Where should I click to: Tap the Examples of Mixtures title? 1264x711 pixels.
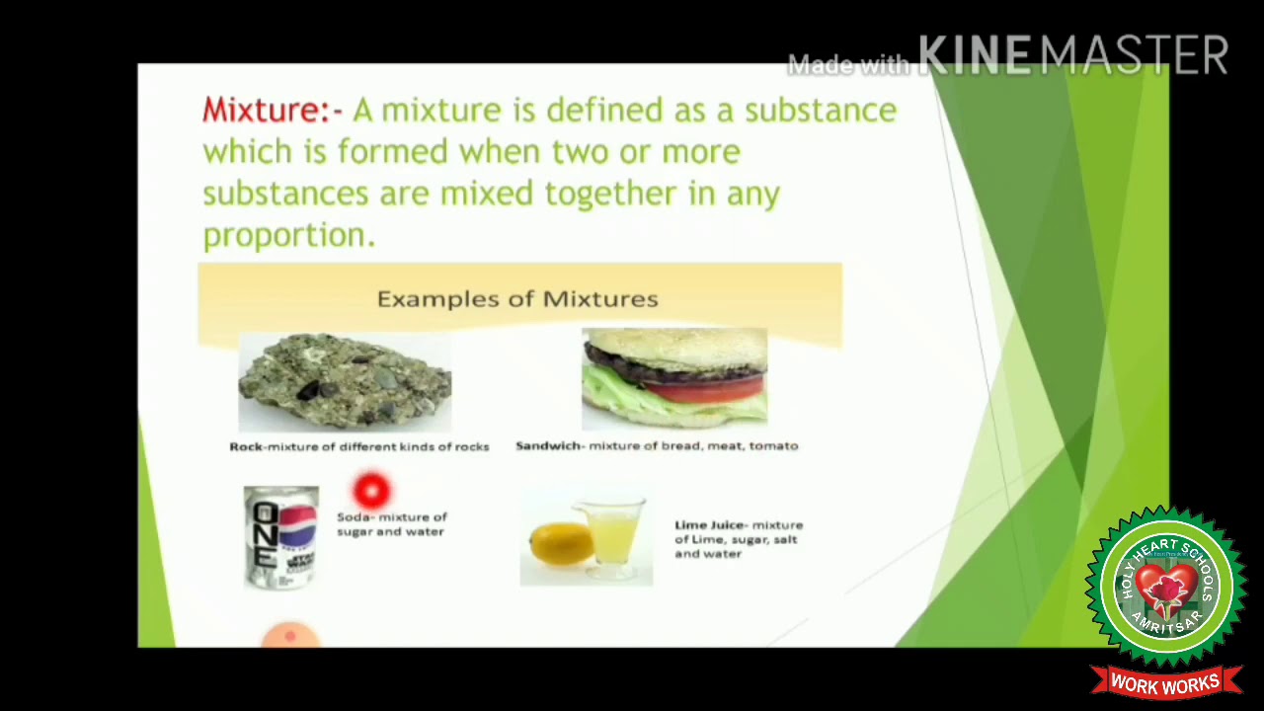tap(517, 298)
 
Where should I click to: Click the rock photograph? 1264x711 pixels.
tap(345, 382)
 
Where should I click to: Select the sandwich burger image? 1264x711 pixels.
tap(674, 378)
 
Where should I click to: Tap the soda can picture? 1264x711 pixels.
tap(281, 536)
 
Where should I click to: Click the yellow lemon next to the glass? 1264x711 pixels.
tap(560, 543)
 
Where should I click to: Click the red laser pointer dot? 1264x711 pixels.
tap(372, 490)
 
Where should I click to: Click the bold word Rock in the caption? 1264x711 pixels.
tap(246, 446)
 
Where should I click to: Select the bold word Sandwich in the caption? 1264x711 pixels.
tap(547, 445)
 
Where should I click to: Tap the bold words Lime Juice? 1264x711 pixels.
tap(708, 524)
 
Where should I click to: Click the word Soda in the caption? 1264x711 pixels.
tap(354, 516)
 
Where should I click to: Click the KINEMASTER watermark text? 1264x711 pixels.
tap(1072, 55)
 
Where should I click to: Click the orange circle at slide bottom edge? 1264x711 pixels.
tap(290, 637)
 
